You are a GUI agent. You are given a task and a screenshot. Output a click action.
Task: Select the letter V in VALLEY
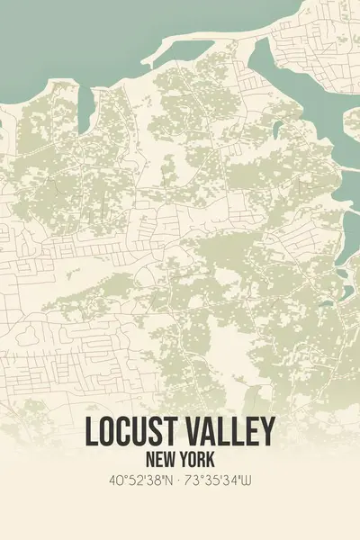(189, 431)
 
